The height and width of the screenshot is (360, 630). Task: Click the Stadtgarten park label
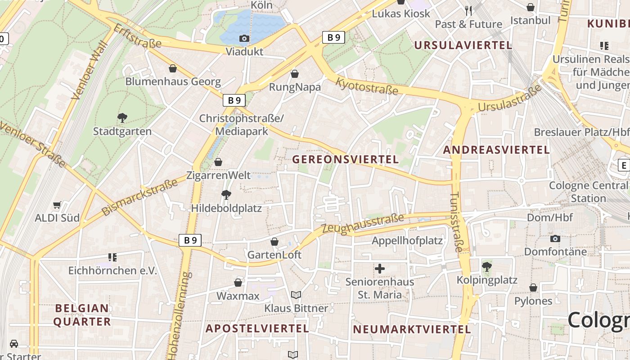[x=122, y=131]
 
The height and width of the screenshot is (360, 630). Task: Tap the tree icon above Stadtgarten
[x=122, y=118]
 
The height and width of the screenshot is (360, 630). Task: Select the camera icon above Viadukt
[x=244, y=39]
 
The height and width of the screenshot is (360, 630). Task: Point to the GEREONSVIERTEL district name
[x=346, y=159]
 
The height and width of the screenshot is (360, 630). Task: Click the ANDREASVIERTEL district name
[x=496, y=150]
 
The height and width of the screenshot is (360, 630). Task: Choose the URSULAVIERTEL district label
[x=463, y=45]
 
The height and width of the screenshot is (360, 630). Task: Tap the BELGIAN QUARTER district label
[x=82, y=315]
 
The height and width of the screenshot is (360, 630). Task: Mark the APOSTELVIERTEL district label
[x=257, y=328]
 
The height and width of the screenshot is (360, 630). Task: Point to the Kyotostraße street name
[x=367, y=86]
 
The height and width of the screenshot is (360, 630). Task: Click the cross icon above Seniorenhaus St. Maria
[x=380, y=269]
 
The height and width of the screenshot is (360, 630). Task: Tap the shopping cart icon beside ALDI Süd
[x=57, y=205]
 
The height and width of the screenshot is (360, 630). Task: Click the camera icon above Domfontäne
[x=555, y=238]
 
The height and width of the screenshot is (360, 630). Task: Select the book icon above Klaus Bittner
[x=296, y=295]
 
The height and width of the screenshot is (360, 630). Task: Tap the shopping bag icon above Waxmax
[x=238, y=283]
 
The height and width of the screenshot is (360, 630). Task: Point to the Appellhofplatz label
[x=407, y=241]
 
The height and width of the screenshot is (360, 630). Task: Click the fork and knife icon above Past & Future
[x=468, y=10]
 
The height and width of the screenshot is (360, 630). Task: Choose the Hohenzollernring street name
[x=180, y=315]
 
